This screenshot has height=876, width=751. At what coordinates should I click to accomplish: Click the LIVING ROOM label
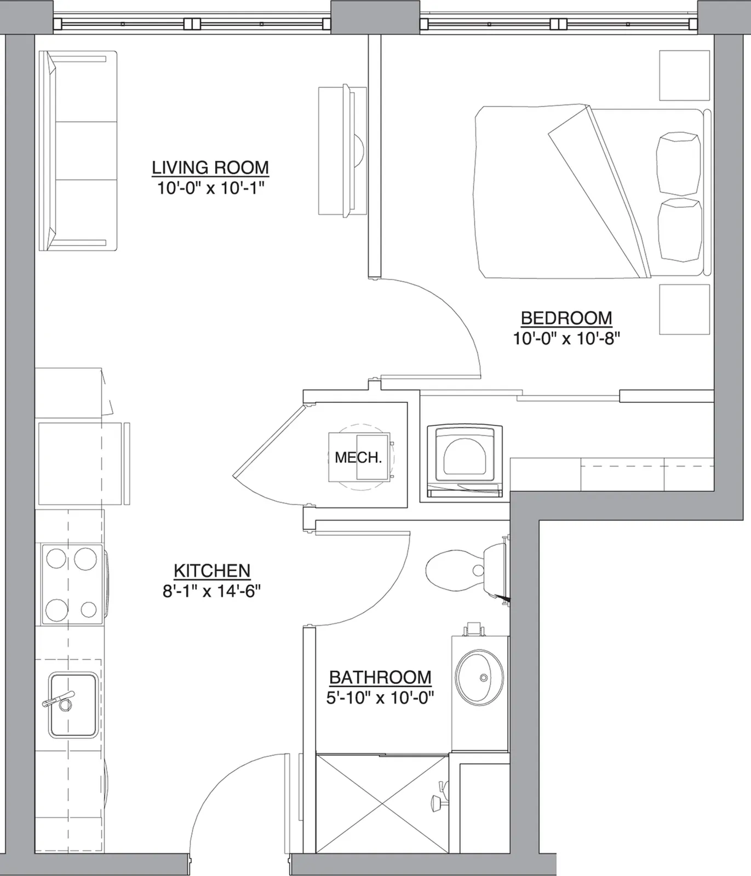210,167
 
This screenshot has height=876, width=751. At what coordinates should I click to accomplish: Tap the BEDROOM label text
566,318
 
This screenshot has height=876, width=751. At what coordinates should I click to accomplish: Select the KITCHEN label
212,570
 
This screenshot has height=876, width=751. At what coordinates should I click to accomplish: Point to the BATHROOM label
380,677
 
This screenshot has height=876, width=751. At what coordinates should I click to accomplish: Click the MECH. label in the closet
358,457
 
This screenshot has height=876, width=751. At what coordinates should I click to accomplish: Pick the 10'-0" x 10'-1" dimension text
211,188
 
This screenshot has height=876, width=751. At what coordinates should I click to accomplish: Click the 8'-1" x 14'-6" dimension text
211,591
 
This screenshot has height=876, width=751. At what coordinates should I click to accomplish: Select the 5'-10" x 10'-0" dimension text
380,698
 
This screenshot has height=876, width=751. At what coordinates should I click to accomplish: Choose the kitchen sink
73,705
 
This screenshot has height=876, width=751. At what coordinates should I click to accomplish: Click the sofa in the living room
78,151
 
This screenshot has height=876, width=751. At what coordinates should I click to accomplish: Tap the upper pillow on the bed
679,163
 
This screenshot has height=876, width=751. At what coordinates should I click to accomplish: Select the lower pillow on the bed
680,230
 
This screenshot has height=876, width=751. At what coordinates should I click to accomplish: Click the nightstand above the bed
684,76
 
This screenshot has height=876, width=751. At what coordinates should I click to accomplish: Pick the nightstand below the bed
684,309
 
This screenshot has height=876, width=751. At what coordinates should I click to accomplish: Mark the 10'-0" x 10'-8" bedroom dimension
566,338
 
